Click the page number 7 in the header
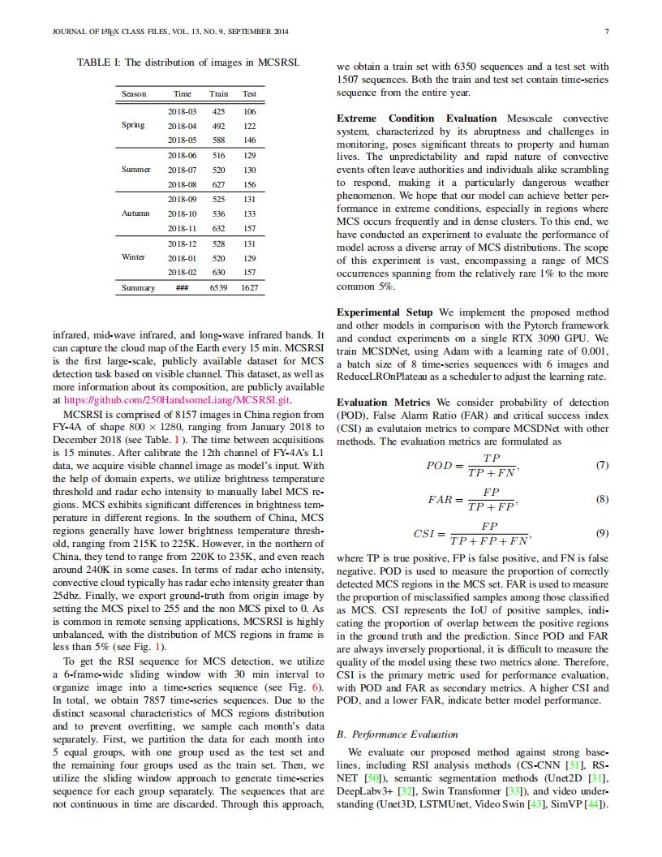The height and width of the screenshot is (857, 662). tap(607, 32)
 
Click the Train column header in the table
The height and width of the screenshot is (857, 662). tap(218, 94)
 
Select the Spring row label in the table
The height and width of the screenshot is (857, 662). tap(133, 125)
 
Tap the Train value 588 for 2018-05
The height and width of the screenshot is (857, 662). tap(218, 140)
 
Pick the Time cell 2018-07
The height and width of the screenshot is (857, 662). tap(183, 170)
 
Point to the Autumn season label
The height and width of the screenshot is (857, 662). tap(135, 213)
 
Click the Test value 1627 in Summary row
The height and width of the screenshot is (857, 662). tap(249, 287)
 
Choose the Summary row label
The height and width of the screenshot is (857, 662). tap(138, 287)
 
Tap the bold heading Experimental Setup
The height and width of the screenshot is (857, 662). tap(385, 312)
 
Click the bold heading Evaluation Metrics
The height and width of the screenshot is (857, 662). tap(384, 402)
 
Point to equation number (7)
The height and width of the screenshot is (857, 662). tap(601, 465)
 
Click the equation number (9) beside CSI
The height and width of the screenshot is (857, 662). tap(601, 533)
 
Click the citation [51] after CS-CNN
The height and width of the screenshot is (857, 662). tap(571, 764)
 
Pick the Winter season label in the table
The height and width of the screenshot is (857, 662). tap(133, 257)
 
